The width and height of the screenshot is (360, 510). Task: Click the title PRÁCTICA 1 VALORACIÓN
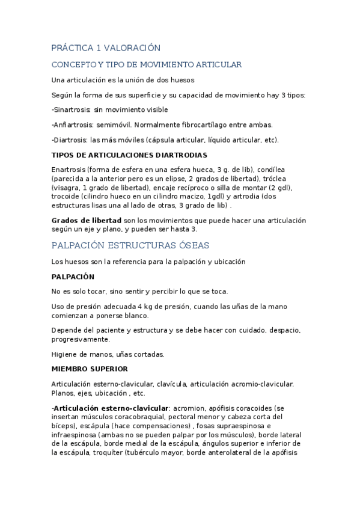[106, 48]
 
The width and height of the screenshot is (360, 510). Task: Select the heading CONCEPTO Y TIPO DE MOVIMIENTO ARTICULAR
[147, 64]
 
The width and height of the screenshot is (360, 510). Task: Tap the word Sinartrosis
[73, 109]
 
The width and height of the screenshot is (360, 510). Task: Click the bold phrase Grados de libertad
[87, 220]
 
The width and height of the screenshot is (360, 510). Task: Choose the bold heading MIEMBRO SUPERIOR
[90, 369]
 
